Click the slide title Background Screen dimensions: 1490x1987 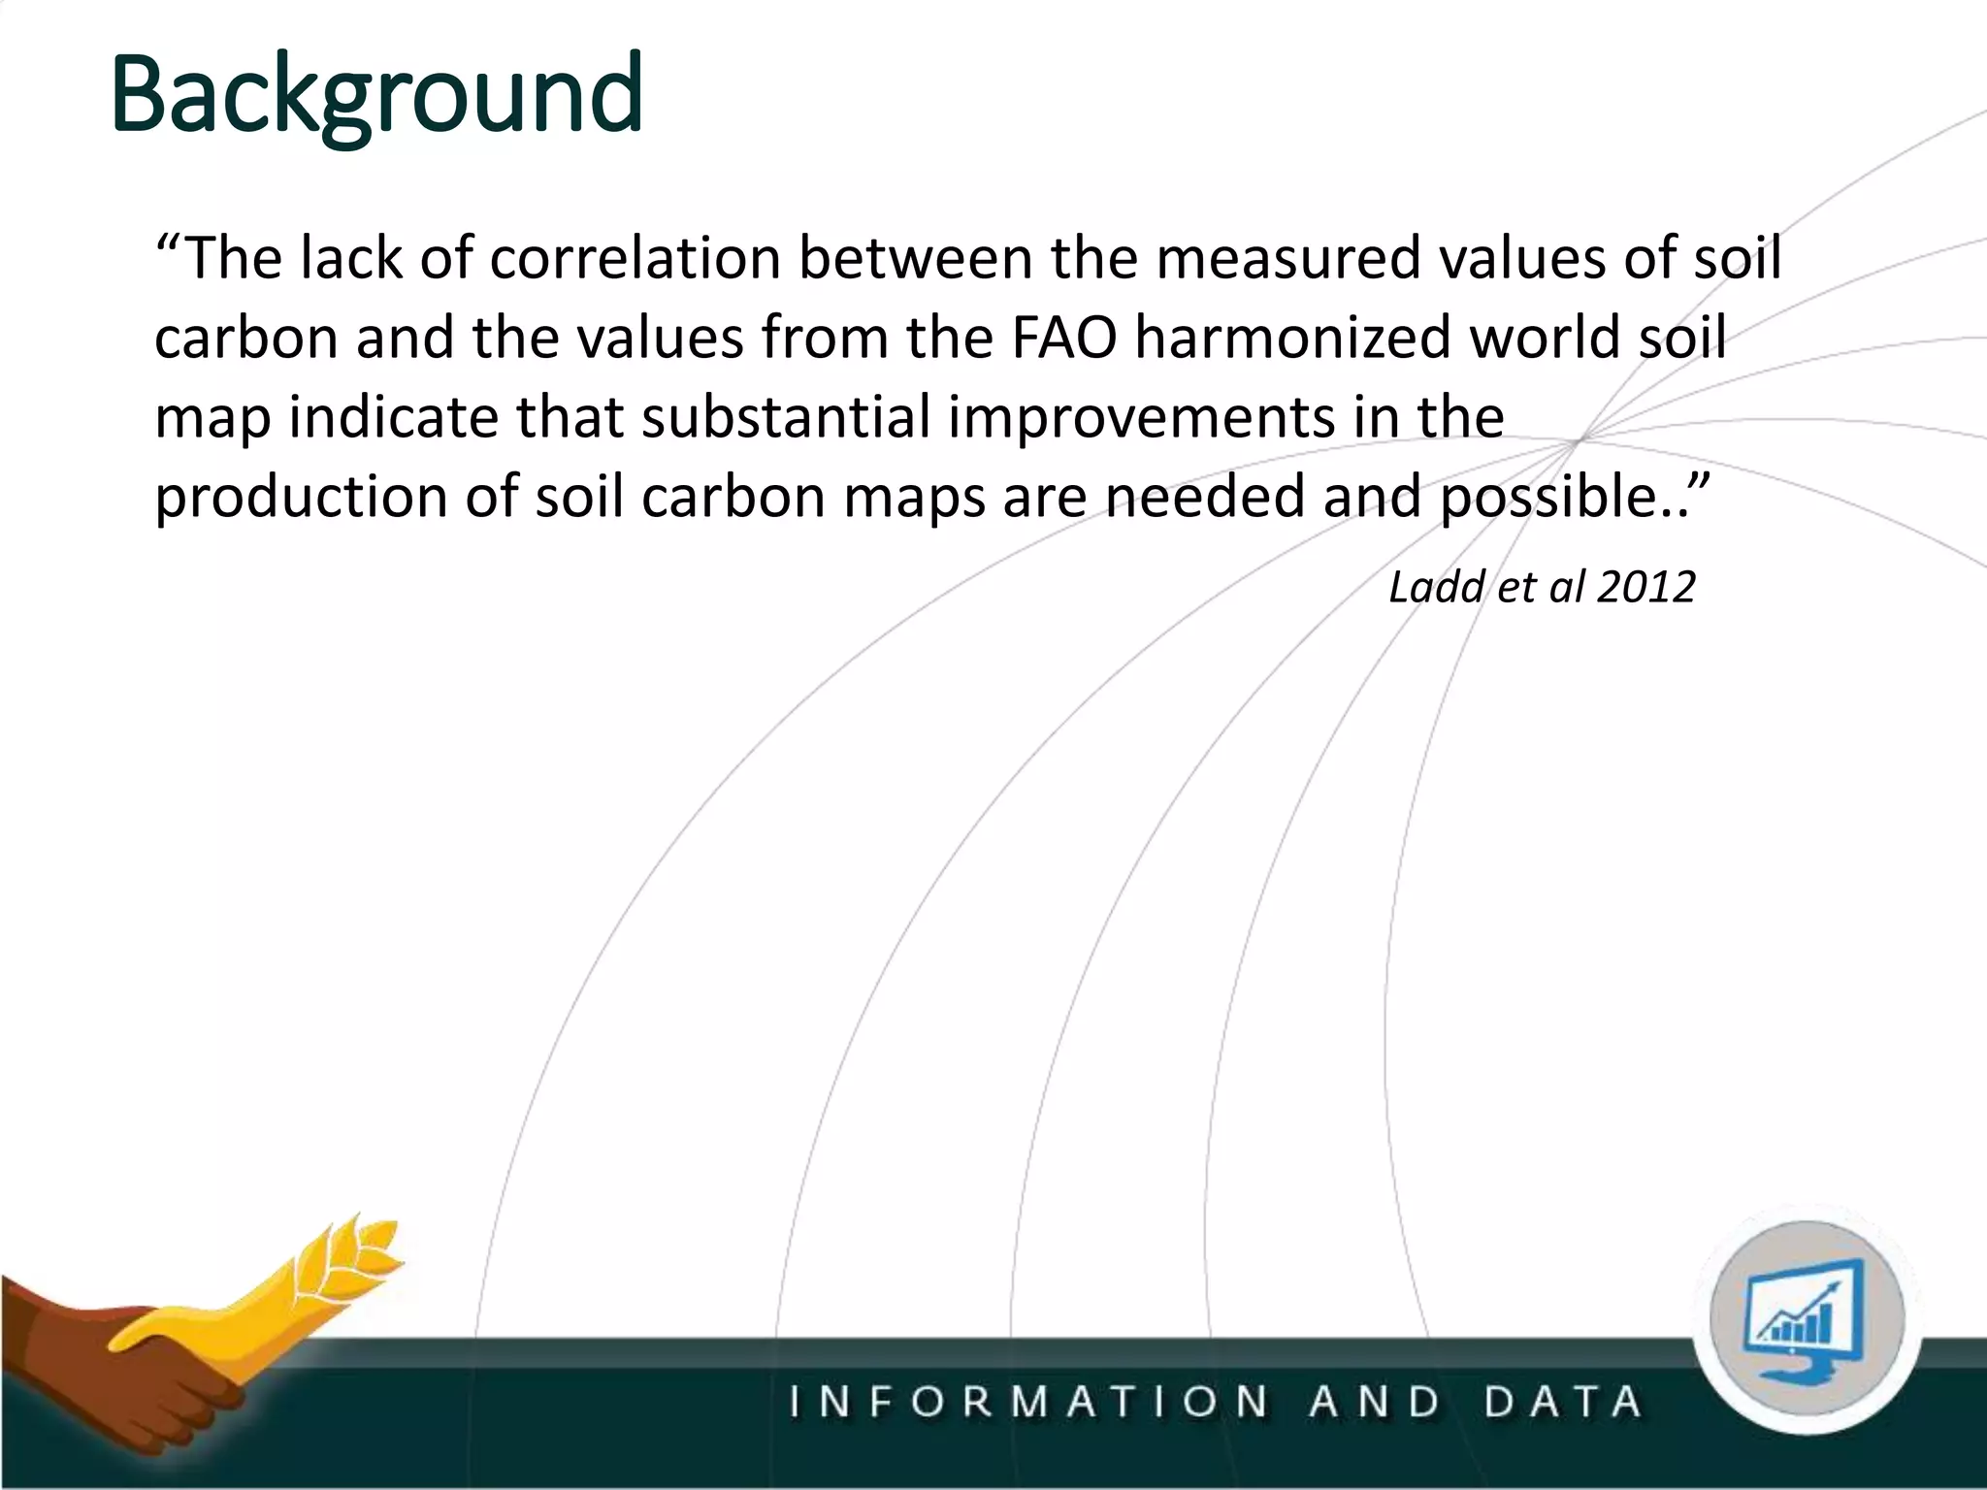(x=376, y=94)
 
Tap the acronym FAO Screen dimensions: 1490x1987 (x=1064, y=338)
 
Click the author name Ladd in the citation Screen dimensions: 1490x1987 (x=1434, y=587)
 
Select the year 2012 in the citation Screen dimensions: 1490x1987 (x=1645, y=587)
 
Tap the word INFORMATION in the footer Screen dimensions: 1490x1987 (x=1028, y=1403)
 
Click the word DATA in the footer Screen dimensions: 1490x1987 (x=1563, y=1403)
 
